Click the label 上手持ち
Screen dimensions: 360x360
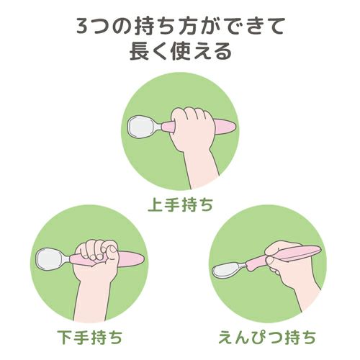pyautogui.click(x=180, y=204)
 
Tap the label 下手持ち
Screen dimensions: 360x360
pyautogui.click(x=90, y=337)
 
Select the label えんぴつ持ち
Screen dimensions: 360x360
pyautogui.click(x=267, y=337)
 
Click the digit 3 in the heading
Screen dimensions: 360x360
pyautogui.click(x=83, y=25)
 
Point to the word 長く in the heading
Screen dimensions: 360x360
pyautogui.click(x=148, y=51)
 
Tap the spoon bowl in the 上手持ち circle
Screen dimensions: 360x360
pyautogui.click(x=141, y=127)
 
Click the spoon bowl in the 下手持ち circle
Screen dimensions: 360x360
pyautogui.click(x=50, y=259)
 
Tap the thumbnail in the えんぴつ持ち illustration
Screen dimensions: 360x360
pyautogui.click(x=270, y=259)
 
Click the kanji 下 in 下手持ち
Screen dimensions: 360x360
pyautogui.click(x=65, y=337)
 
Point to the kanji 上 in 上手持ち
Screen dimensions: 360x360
pyautogui.click(x=156, y=204)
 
